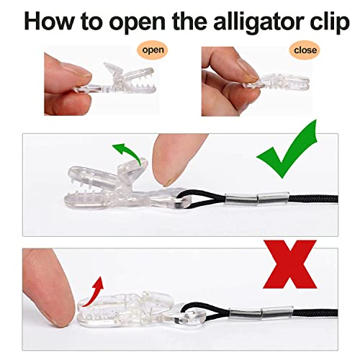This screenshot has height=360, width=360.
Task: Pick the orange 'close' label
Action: coord(302,51)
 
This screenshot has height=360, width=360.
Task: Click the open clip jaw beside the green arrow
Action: coord(108,173)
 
